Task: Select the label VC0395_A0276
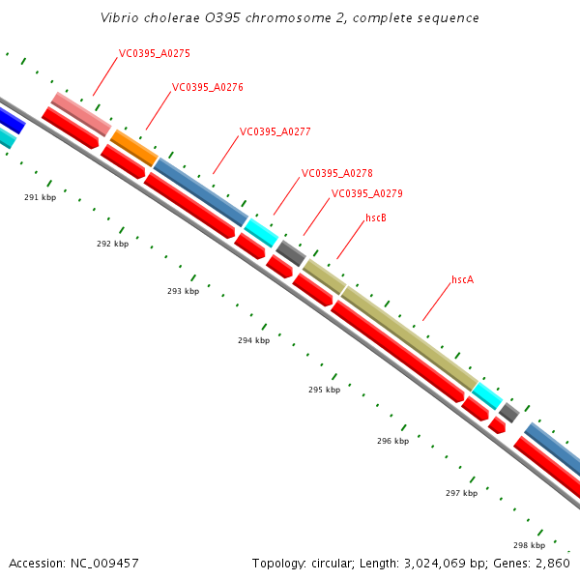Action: click(207, 87)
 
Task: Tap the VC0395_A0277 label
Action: click(275, 131)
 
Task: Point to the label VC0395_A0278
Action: click(336, 174)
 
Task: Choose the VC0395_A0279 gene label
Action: click(366, 193)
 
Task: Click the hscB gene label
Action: click(376, 218)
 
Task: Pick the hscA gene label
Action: click(463, 280)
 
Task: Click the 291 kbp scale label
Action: click(41, 197)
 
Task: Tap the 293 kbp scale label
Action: click(183, 291)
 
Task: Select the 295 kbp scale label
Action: click(324, 391)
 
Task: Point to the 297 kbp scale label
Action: click(461, 494)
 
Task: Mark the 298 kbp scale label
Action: click(529, 545)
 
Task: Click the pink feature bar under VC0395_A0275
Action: click(80, 114)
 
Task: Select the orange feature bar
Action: click(133, 147)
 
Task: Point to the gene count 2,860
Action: click(552, 563)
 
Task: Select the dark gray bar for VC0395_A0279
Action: click(290, 252)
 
